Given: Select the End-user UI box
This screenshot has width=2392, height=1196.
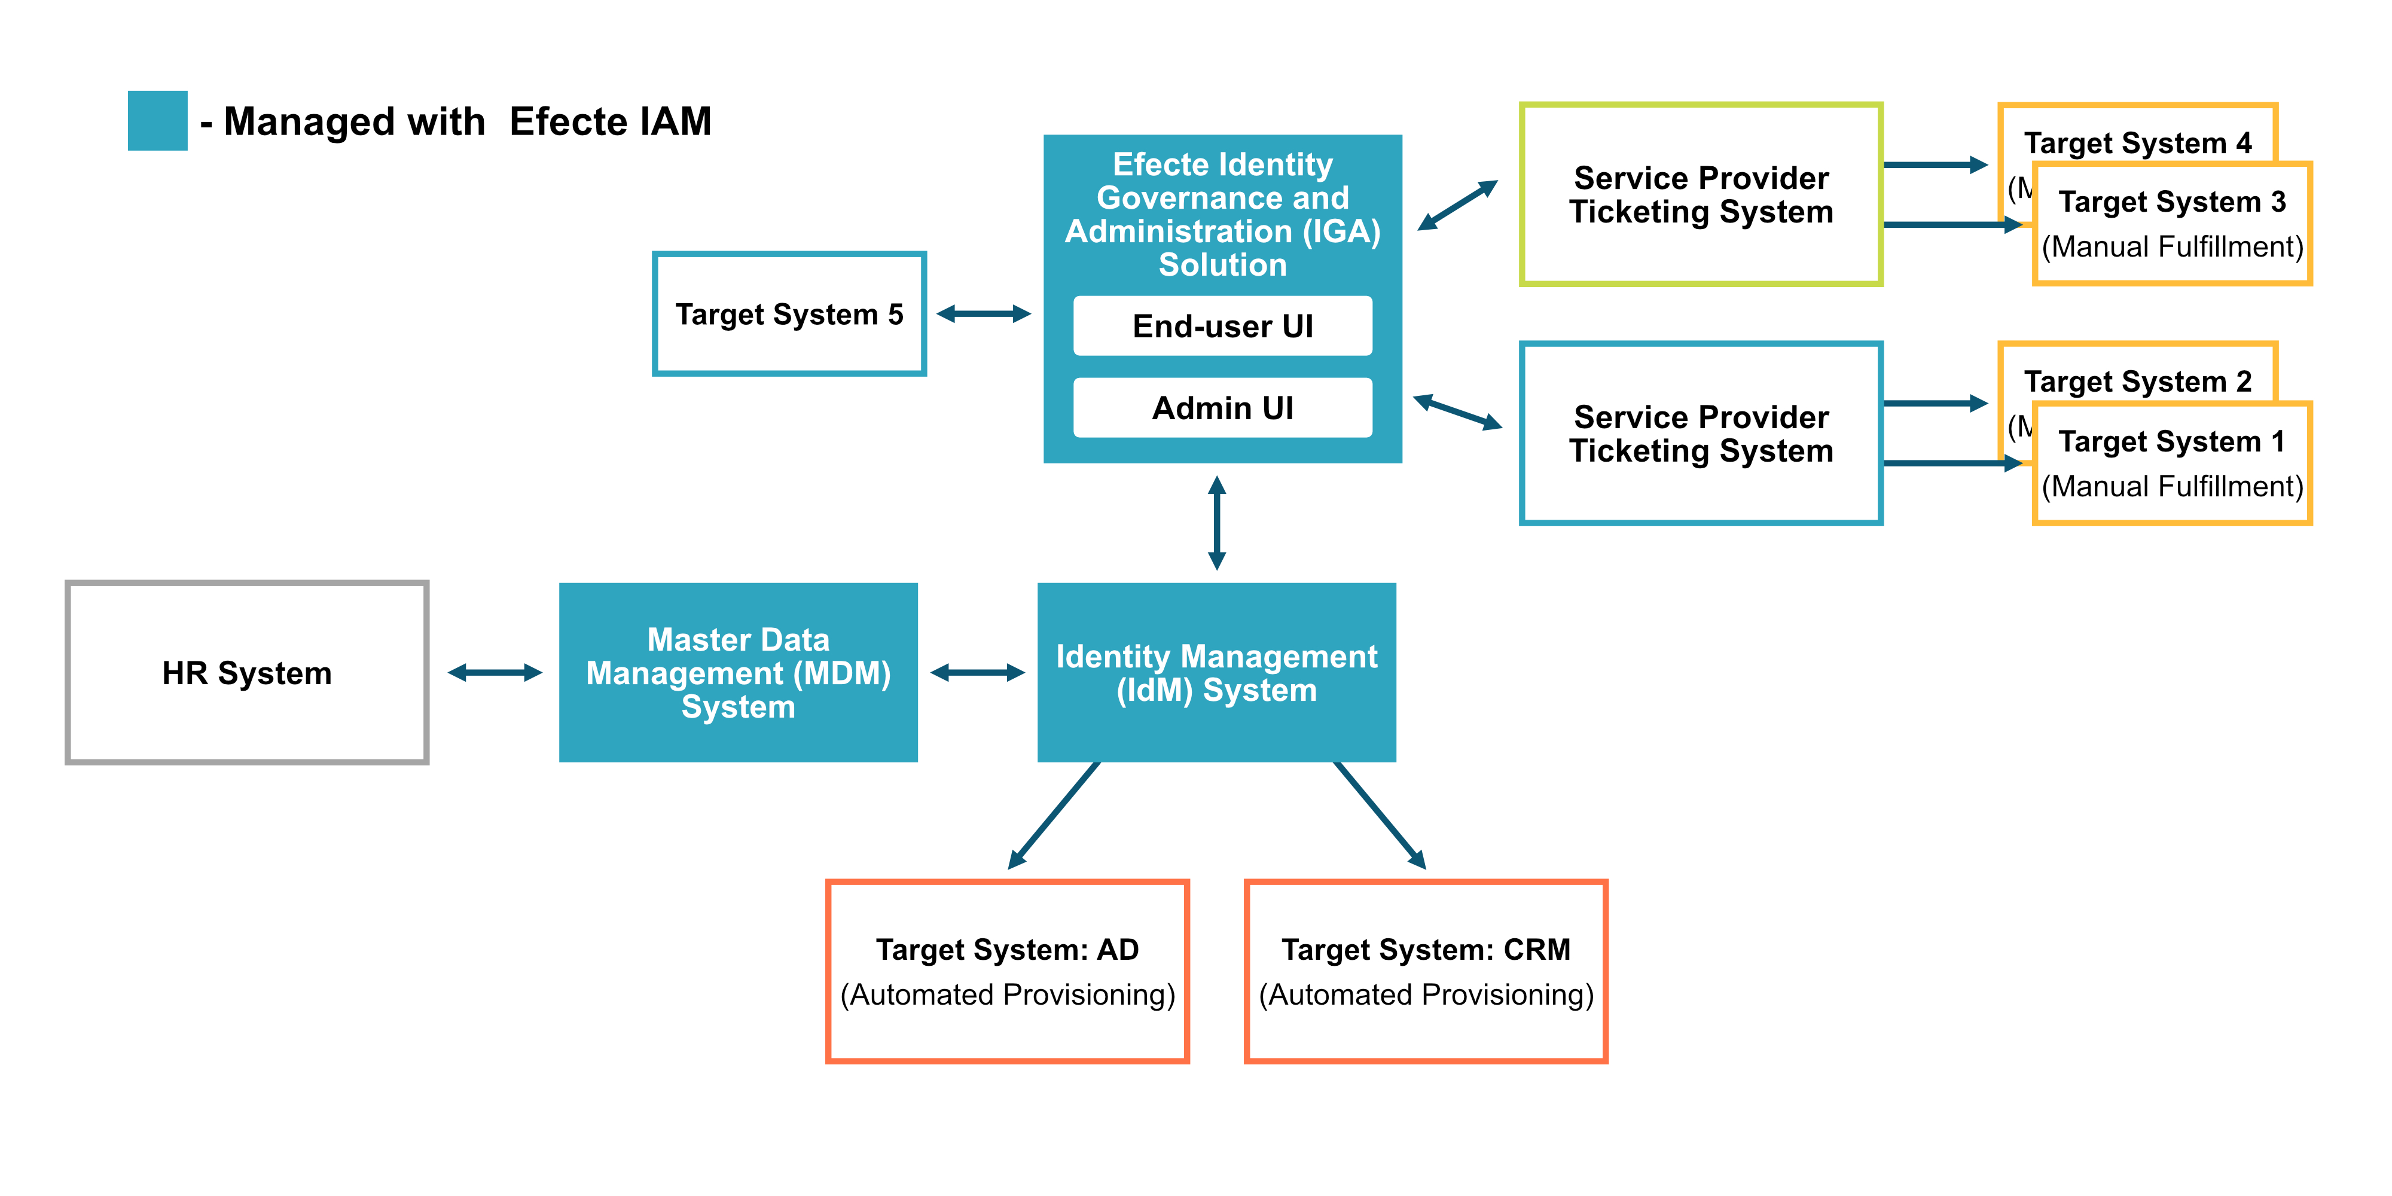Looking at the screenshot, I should [1222, 326].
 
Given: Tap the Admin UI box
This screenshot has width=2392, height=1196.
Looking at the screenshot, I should [1222, 408].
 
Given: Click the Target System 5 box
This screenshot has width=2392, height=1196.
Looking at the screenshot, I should [789, 314].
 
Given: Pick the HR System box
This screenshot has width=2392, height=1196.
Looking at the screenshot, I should [247, 672].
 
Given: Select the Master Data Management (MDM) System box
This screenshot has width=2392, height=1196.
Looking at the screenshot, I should [738, 672].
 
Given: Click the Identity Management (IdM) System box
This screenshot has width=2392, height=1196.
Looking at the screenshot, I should [1216, 672].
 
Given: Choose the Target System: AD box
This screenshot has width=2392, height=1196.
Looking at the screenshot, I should [1008, 971].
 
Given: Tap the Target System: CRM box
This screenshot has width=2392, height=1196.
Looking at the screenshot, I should [1426, 971].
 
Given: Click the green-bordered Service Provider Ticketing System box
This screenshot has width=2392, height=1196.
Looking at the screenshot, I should [1701, 194].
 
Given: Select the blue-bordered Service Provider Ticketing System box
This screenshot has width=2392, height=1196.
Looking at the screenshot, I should [1701, 433].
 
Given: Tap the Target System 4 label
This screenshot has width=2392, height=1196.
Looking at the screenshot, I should [2138, 143].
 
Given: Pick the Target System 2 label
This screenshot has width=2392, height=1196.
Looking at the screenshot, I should [2138, 382].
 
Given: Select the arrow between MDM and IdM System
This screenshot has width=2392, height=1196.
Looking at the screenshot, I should [977, 672].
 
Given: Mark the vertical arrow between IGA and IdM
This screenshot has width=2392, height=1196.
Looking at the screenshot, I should [1216, 523].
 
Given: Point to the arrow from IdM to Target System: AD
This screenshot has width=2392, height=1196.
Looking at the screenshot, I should [1055, 815].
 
